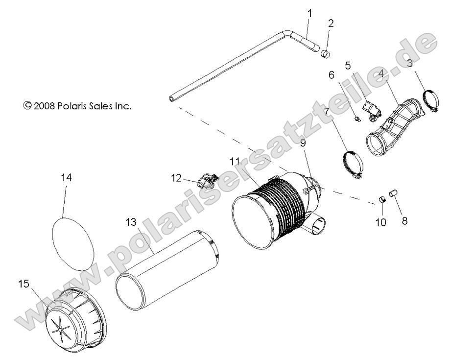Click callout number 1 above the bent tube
pos(309,13)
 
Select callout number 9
pos(302,143)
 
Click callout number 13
pos(130,223)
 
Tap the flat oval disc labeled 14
pos(73,238)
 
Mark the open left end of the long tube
pos(171,98)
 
